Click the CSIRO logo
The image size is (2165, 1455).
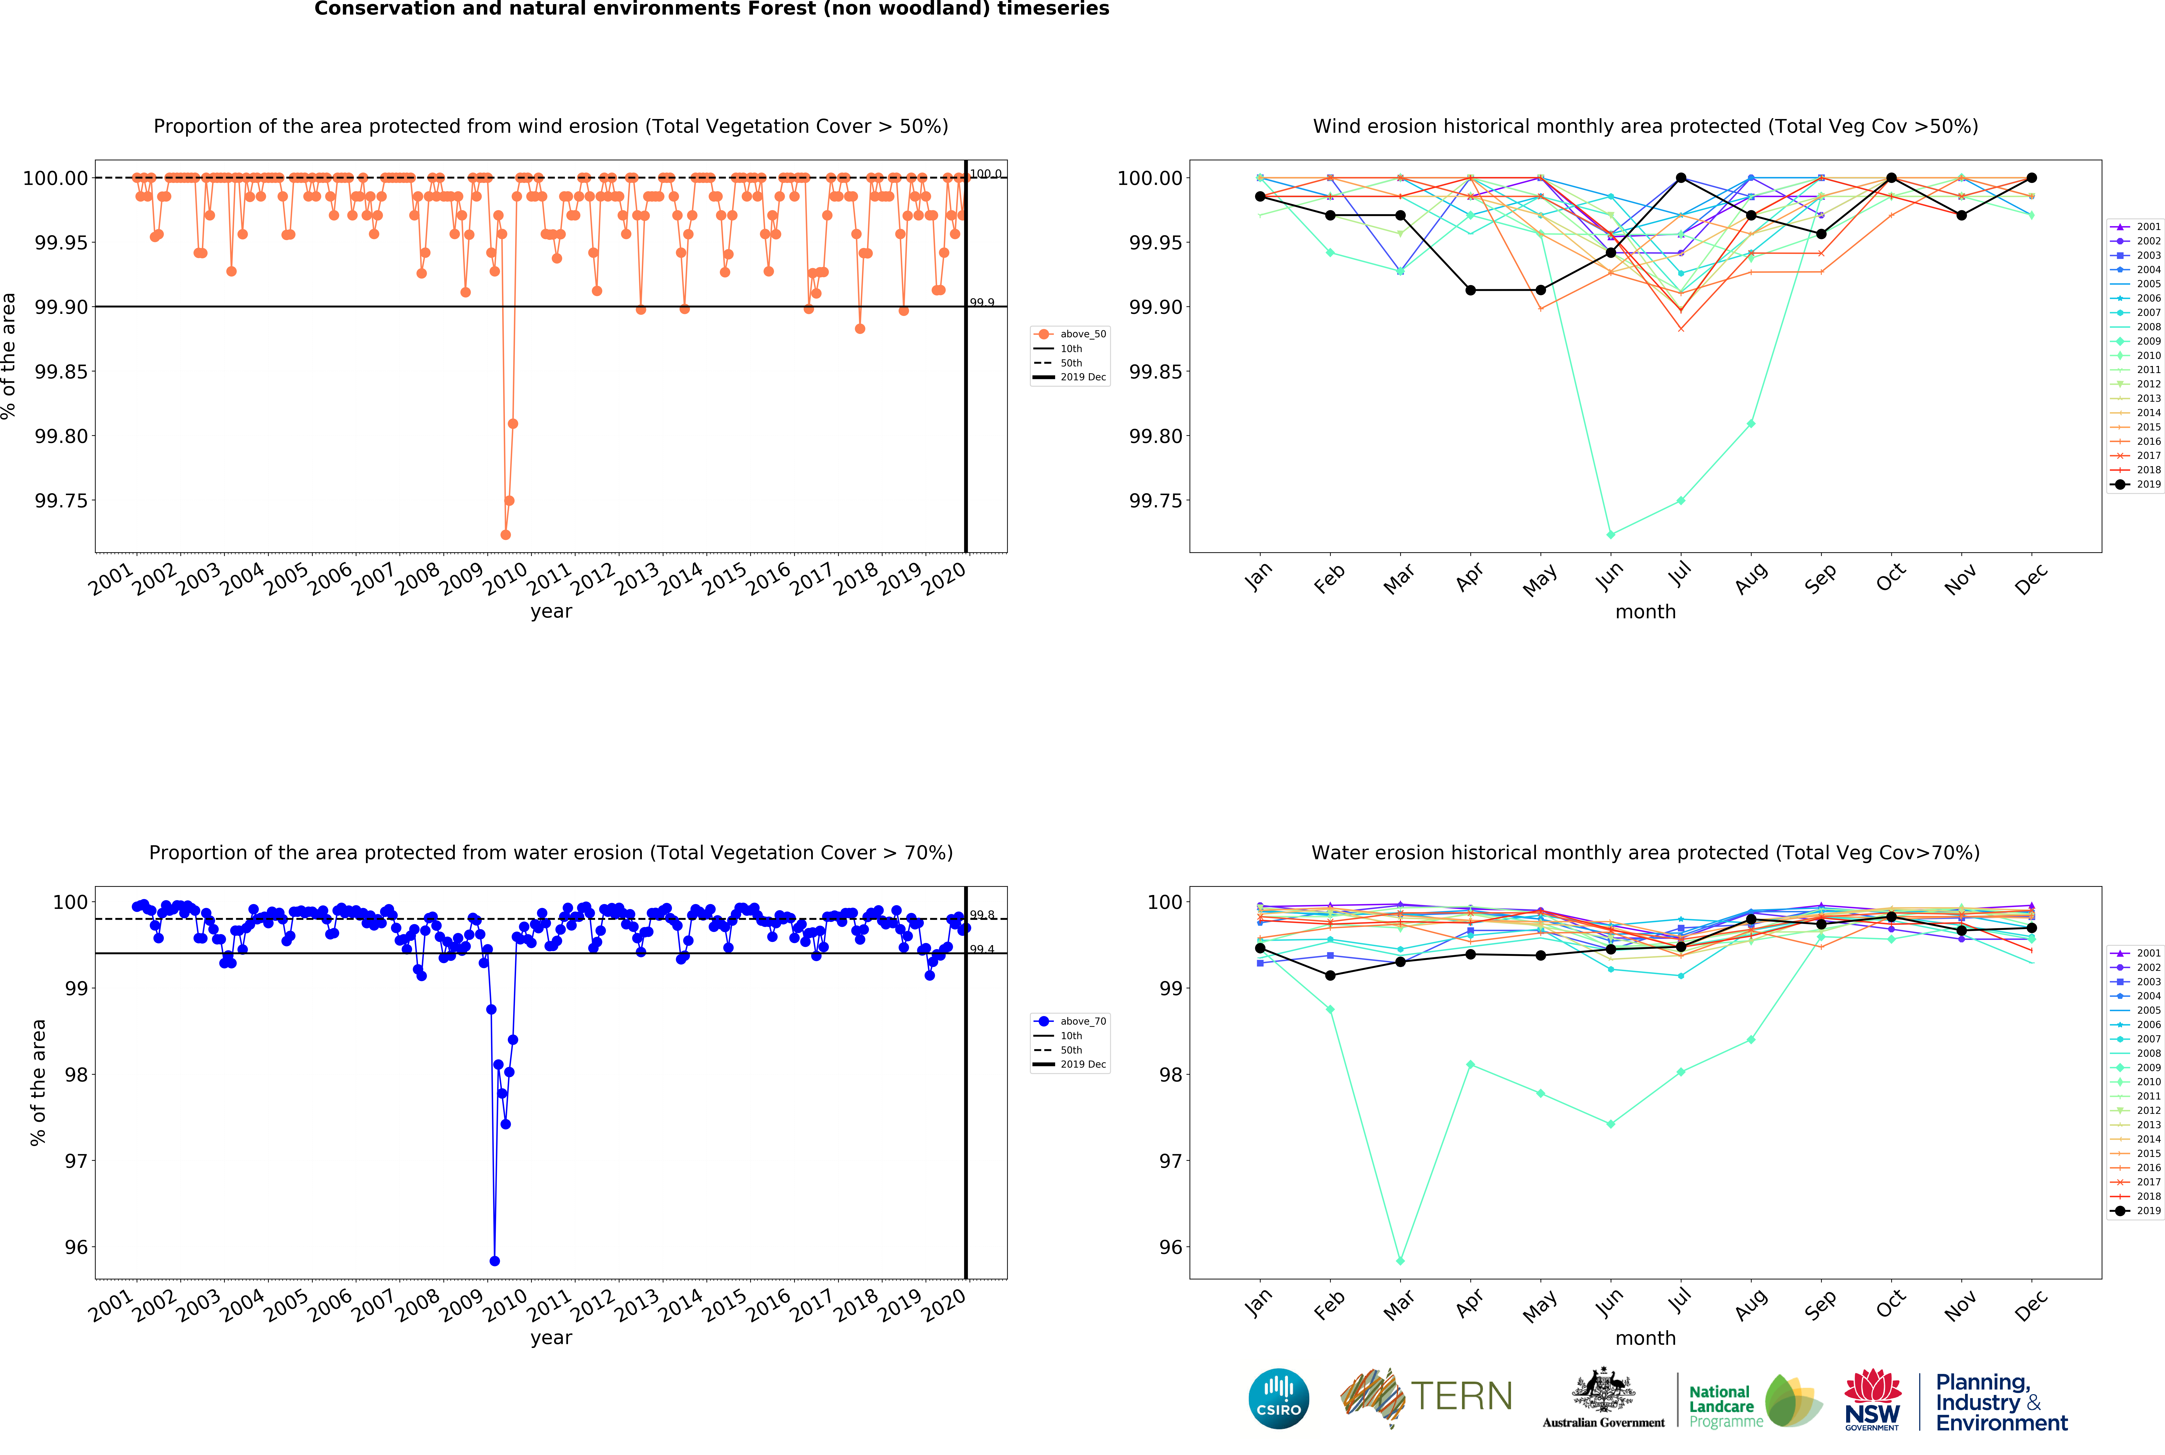1279,1398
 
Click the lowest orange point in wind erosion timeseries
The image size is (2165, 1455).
505,534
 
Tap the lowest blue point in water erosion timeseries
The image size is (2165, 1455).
495,1261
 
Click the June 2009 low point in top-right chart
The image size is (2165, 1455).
1610,534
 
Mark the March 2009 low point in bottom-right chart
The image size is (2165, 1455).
1400,1261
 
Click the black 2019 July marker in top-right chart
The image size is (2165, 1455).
1681,178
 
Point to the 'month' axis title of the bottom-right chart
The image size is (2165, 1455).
1645,1338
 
